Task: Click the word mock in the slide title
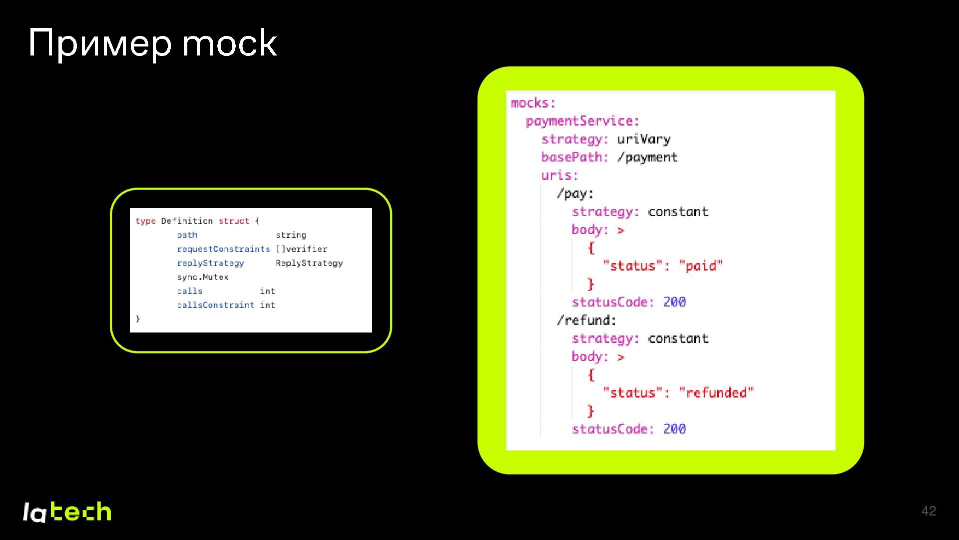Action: click(229, 43)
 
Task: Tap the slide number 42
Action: click(929, 511)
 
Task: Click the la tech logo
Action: click(67, 512)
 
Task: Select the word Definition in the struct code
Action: click(187, 221)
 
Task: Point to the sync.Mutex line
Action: click(202, 277)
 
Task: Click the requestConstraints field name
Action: click(223, 249)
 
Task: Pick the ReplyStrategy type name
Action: click(309, 263)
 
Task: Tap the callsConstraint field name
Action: click(215, 305)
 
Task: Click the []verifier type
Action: click(301, 249)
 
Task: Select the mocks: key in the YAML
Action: click(533, 103)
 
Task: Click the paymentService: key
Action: click(582, 121)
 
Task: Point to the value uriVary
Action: click(644, 139)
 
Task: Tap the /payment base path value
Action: click(647, 157)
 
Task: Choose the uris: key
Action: click(559, 175)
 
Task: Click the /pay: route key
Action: click(575, 193)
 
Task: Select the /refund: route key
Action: click(586, 320)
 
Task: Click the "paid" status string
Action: click(701, 265)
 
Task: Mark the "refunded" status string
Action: click(716, 392)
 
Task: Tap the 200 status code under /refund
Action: click(674, 429)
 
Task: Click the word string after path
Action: click(291, 235)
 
